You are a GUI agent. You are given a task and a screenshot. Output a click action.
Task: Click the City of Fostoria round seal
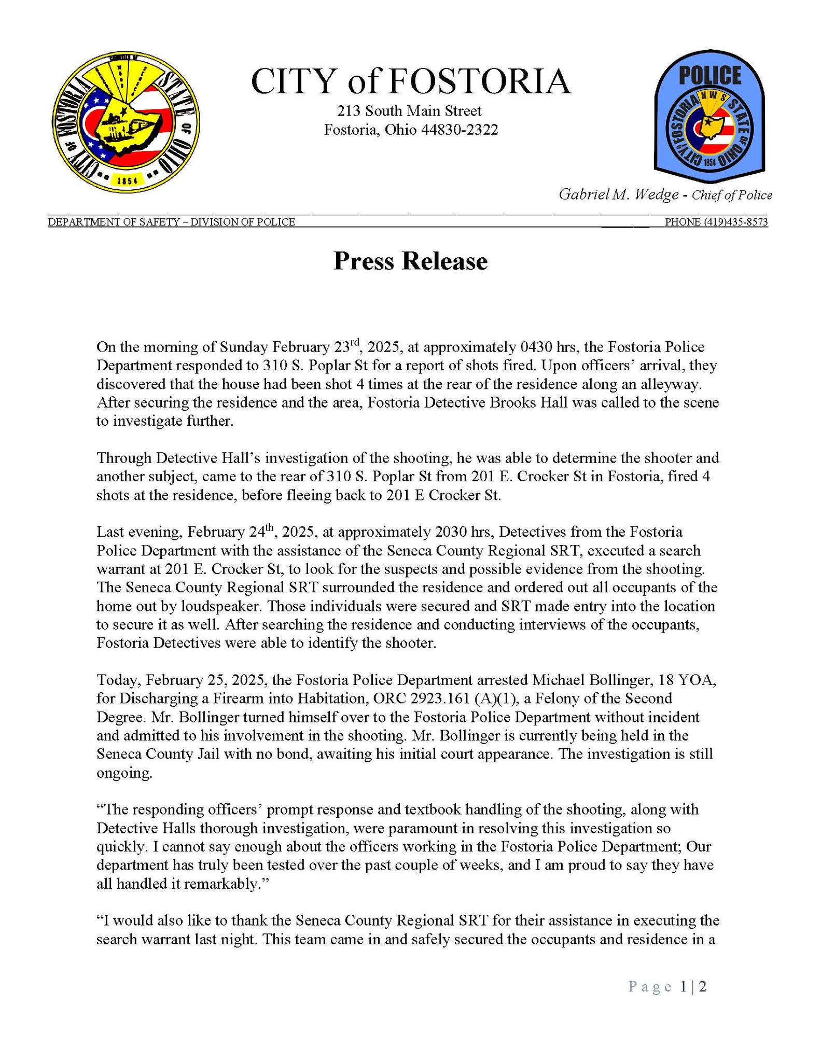click(x=126, y=123)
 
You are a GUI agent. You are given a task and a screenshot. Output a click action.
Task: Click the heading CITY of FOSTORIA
click(x=410, y=81)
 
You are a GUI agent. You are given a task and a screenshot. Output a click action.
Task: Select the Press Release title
click(x=410, y=261)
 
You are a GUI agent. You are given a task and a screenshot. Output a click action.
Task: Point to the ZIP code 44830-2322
click(x=460, y=130)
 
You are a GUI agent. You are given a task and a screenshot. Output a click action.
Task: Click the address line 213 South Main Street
click(x=409, y=110)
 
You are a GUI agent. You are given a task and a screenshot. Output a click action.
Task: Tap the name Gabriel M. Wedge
click(x=618, y=194)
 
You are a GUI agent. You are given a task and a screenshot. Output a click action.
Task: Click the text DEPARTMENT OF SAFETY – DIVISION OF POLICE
click(x=172, y=222)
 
